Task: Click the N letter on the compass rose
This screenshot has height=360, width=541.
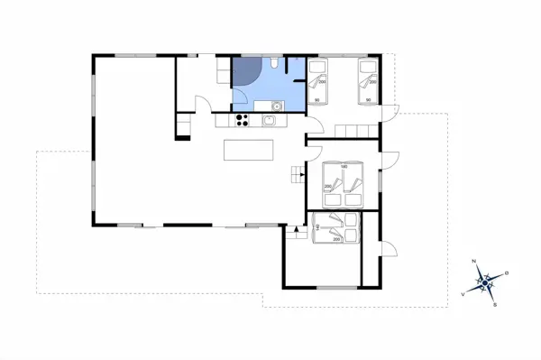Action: [475, 263]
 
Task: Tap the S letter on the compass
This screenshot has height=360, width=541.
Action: [495, 305]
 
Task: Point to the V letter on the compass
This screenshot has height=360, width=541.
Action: [463, 293]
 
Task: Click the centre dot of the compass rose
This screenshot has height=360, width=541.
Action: [485, 283]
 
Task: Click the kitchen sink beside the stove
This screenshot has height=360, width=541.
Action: [268, 119]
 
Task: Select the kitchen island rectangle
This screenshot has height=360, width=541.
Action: [249, 149]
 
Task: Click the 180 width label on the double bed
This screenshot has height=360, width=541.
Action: [344, 166]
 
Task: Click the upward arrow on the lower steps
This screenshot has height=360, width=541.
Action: [293, 232]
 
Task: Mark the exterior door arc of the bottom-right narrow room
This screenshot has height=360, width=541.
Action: [389, 249]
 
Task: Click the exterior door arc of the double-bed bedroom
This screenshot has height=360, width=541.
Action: [389, 162]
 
